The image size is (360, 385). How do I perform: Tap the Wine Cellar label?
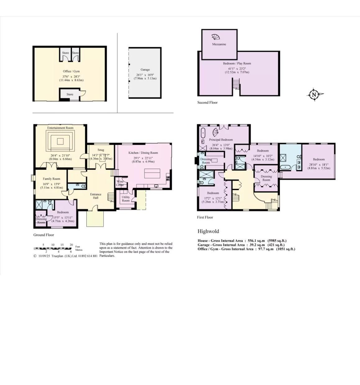tap(120, 183)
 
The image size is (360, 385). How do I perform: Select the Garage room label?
tap(145, 70)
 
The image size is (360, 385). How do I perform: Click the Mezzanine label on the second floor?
tap(219, 44)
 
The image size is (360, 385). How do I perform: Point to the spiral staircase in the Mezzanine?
tap(216, 37)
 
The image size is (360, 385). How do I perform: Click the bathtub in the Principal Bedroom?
tap(203, 133)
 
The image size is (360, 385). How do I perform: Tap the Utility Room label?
tap(126, 199)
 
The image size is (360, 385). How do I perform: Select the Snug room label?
tap(101, 150)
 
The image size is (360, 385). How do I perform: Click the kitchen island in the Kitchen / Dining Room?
tap(152, 174)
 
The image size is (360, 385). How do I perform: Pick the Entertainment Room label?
tap(60, 128)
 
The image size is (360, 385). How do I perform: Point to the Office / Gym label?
tap(71, 71)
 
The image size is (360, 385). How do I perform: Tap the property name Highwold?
tap(208, 231)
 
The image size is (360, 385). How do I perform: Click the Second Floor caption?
tap(207, 102)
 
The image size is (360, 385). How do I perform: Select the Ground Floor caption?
tap(44, 235)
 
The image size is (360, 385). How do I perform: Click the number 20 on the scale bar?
tap(71, 245)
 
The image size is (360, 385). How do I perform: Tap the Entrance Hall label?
tap(95, 196)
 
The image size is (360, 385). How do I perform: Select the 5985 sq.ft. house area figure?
tap(277, 241)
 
